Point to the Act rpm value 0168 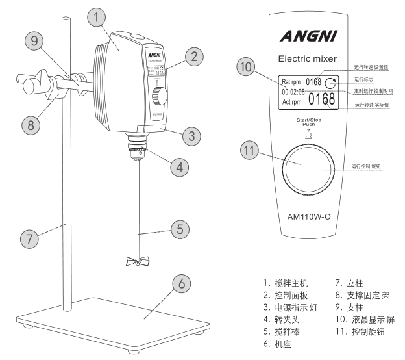(x=322, y=99)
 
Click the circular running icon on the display (x=332, y=83)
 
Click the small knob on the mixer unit (x=158, y=97)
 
